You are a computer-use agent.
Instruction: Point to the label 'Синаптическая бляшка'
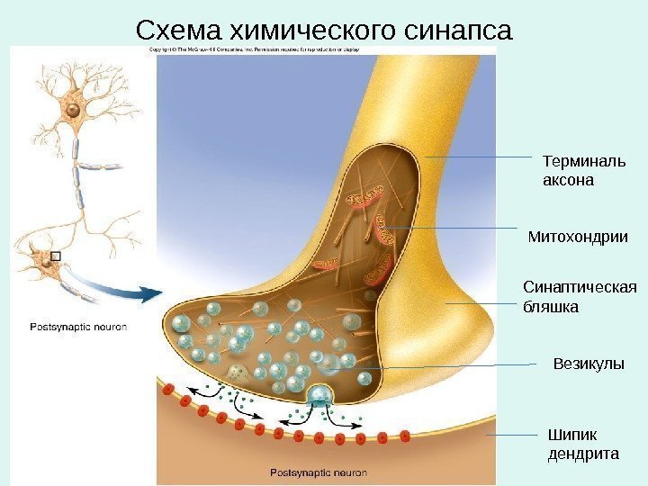[x=579, y=297]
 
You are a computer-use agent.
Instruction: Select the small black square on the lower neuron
[x=55, y=256]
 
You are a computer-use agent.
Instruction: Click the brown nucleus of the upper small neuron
[x=70, y=111]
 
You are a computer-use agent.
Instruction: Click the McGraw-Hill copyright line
[x=254, y=49]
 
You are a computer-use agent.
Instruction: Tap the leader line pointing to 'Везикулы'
[x=468, y=365]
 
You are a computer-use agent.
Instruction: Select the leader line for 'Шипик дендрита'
[x=513, y=435]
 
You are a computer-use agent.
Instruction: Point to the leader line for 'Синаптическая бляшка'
[x=477, y=304]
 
